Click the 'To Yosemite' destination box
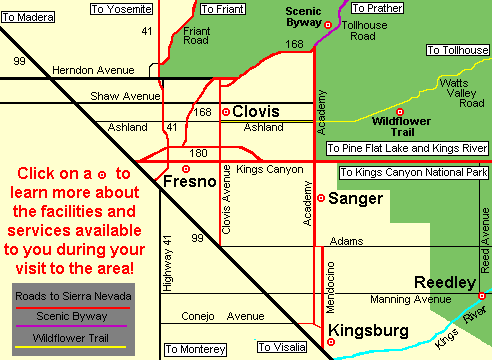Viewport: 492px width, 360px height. (x=122, y=9)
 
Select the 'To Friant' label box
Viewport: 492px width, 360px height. (x=222, y=9)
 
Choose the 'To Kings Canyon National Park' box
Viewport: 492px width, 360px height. (x=414, y=173)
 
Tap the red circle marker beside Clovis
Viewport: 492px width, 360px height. (x=225, y=112)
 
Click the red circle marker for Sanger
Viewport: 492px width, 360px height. (x=320, y=198)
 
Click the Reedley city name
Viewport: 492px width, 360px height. (x=446, y=283)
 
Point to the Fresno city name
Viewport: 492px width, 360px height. (x=188, y=186)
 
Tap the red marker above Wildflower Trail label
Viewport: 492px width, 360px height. (x=399, y=111)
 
